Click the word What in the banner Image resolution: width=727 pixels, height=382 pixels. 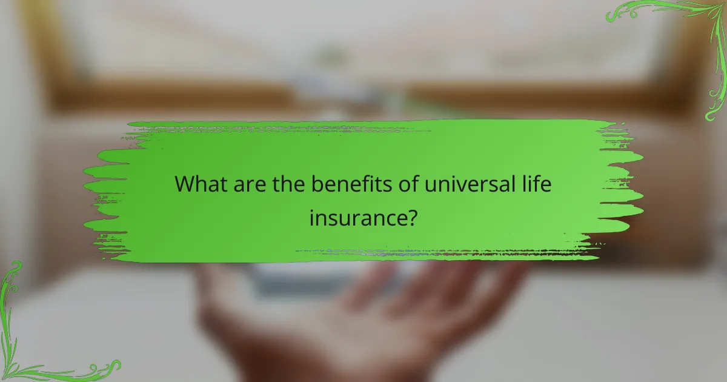[201, 184]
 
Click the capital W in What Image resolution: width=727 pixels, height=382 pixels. [185, 184]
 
